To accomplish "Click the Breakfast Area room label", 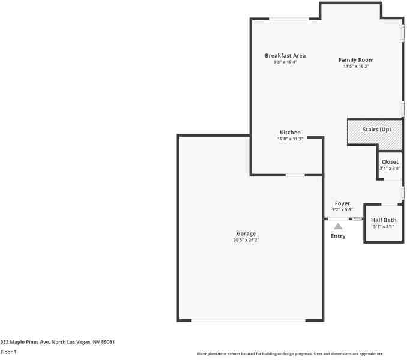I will click(285, 56).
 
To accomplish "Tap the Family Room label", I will click(356, 60).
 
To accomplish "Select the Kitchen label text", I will click(290, 133).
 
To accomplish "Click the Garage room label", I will click(246, 233).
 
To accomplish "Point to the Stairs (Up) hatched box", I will click(375, 134).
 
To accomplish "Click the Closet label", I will click(390, 162).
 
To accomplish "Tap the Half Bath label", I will click(384, 220).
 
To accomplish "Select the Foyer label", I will click(342, 203).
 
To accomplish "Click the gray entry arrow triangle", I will click(338, 226).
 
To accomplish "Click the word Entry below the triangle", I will click(338, 236).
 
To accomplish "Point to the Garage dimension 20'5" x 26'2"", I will click(246, 240).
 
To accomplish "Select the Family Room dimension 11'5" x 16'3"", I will click(356, 67).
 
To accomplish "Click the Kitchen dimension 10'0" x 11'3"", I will click(290, 139).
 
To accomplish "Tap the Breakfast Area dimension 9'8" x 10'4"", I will click(285, 62).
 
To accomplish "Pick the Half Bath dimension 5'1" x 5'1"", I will click(384, 227).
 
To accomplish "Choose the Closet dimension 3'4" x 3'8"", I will click(390, 169).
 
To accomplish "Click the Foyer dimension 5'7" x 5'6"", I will click(342, 210).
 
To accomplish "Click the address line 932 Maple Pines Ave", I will click(57, 342).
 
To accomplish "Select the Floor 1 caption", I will click(8, 352).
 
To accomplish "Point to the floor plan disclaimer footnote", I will click(291, 354).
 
